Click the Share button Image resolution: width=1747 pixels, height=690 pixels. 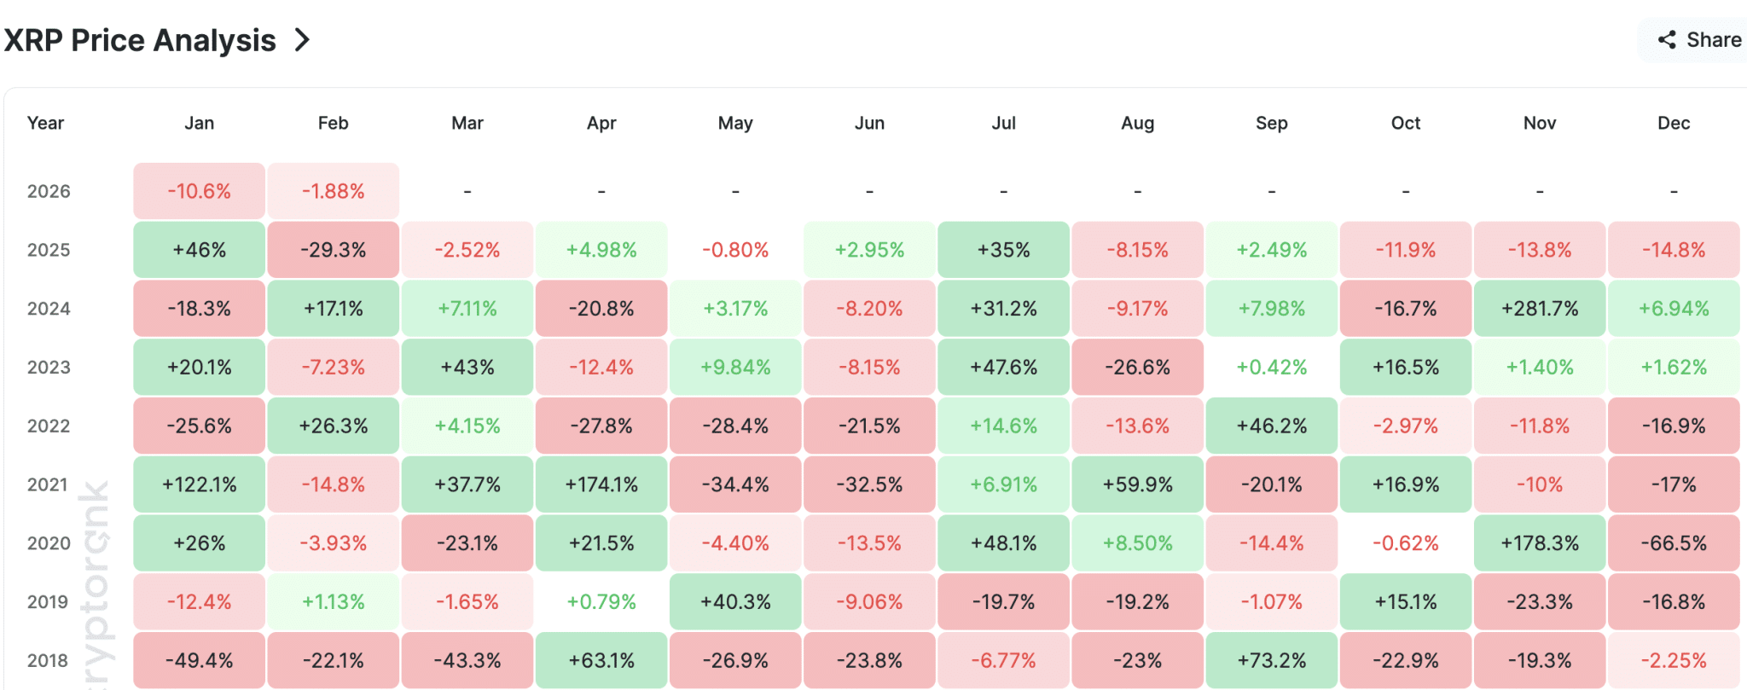tap(1699, 40)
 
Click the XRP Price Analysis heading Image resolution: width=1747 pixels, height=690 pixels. tap(140, 40)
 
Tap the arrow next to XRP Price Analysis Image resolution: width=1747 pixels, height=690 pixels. tap(302, 40)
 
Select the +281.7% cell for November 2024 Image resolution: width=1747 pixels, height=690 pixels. tap(1540, 309)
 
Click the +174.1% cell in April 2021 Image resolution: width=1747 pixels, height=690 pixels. tap(601, 484)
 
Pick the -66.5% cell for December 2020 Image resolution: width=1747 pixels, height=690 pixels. tap(1674, 543)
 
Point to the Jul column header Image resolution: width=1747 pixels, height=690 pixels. tap(1003, 123)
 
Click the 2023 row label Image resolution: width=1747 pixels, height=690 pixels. tap(48, 368)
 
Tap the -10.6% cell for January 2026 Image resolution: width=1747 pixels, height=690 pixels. tap(199, 191)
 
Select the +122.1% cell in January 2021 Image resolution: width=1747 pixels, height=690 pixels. tap(199, 484)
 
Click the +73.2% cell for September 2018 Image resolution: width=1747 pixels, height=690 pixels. tap(1271, 660)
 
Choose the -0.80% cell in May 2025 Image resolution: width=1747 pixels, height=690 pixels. tap(735, 250)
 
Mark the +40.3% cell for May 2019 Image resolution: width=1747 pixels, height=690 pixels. tap(735, 602)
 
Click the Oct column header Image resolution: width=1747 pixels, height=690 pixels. tap(1405, 123)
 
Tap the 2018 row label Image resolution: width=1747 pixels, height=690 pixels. tap(48, 660)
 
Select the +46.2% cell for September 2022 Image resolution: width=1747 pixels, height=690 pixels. tap(1271, 426)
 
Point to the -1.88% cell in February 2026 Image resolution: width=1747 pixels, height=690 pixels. tap(333, 191)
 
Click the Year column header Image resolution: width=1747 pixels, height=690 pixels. tap(45, 123)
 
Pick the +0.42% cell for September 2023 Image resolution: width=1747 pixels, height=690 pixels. tap(1271, 368)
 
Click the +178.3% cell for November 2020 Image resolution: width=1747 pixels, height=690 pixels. tap(1540, 543)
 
